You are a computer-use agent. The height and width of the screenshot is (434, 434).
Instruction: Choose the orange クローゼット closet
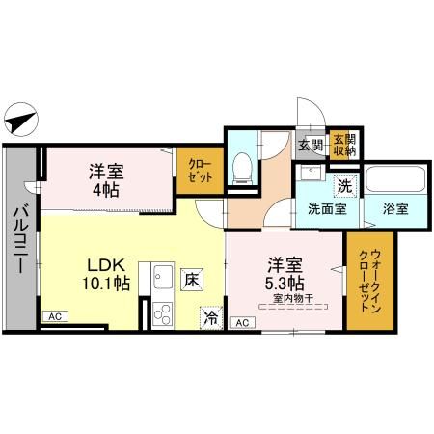pos(201,172)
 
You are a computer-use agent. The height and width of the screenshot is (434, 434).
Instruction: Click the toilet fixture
pos(244,166)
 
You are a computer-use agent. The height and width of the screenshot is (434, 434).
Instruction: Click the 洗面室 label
pos(326,208)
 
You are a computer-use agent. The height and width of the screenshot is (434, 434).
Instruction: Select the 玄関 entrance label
pos(310,146)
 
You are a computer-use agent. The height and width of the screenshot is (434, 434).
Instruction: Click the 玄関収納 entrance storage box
pos(343,145)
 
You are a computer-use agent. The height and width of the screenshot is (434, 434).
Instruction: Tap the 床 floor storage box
pos(193,280)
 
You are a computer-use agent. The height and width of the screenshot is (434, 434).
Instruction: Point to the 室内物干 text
pos(288,299)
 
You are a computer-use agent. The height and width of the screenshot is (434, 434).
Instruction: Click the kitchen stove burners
pos(160,312)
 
